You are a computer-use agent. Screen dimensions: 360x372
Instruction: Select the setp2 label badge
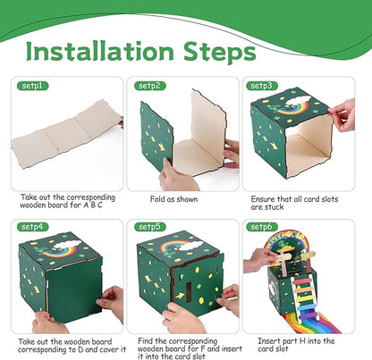pyautogui.click(x=149, y=86)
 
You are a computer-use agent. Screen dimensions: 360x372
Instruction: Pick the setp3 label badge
pyautogui.click(x=263, y=86)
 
